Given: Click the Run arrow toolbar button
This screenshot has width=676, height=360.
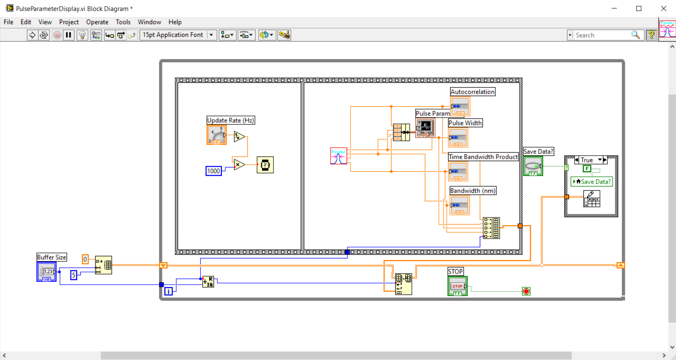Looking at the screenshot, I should (32, 35).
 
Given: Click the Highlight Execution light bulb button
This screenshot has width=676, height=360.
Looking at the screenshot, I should (82, 35).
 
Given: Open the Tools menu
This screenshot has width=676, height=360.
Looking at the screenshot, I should (123, 22).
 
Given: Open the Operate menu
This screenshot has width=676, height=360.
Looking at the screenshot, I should (97, 22).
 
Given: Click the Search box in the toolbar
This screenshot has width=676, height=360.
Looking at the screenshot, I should (602, 35).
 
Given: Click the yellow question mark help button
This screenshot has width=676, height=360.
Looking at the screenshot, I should (651, 35).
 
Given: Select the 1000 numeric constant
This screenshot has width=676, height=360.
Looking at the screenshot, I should (213, 171).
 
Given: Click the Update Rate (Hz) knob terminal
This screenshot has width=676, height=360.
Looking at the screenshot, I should (216, 135).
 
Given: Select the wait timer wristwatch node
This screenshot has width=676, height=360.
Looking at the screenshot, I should (265, 165).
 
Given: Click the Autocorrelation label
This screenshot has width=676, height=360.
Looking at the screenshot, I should (472, 92).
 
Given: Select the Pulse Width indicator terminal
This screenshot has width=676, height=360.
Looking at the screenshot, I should (458, 138).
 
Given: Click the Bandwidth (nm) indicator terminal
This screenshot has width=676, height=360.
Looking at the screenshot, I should (460, 206).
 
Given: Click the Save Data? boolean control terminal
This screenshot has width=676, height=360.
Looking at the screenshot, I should (533, 166).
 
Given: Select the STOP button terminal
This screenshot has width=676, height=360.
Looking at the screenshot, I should (457, 286).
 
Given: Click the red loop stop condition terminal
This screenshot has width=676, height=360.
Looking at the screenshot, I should (526, 291).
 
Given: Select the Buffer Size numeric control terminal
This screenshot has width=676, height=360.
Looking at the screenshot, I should (47, 272).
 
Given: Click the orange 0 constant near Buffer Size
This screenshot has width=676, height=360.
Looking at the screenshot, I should (85, 259).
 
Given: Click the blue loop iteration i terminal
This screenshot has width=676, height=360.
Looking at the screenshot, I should (168, 291).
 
